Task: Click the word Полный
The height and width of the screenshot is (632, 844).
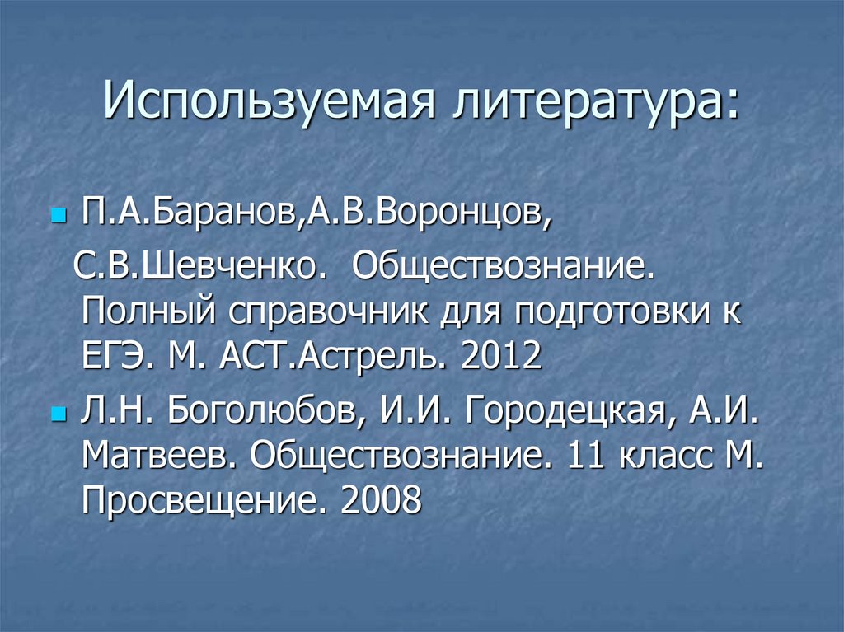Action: (x=143, y=314)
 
